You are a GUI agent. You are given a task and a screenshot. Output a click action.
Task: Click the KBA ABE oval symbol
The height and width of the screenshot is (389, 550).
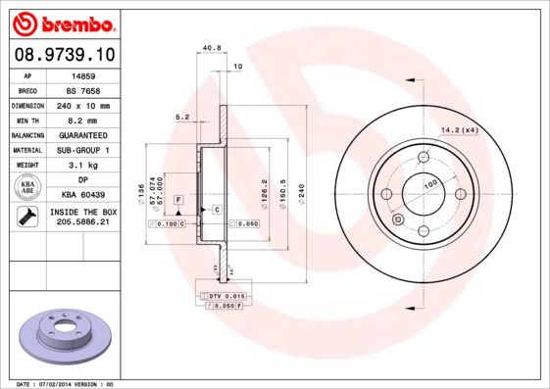pyautogui.click(x=28, y=187)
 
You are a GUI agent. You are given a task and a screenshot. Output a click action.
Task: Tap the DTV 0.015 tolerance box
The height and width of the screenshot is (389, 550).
pyautogui.click(x=226, y=295)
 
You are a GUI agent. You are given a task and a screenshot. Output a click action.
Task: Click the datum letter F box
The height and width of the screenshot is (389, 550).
pyautogui.click(x=179, y=200)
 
